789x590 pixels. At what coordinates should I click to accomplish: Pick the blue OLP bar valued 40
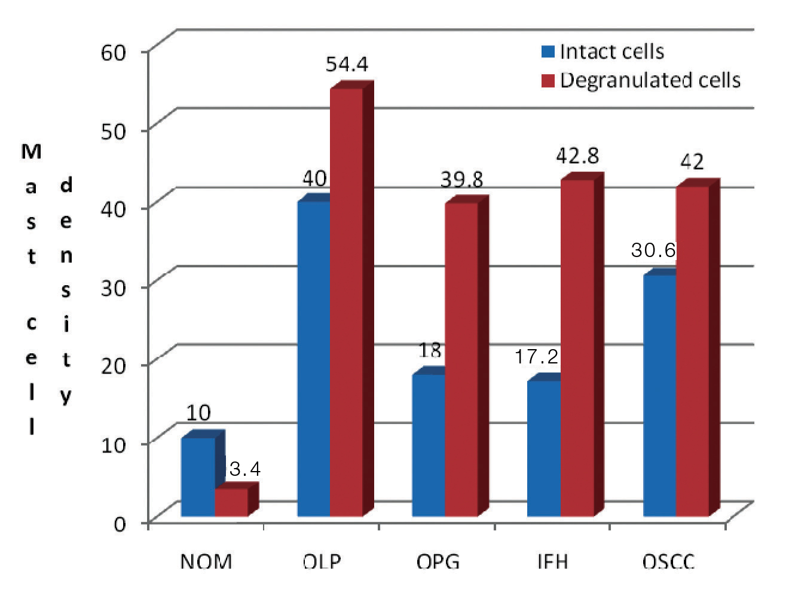pos(314,359)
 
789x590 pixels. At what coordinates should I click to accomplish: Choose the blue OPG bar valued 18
pos(429,445)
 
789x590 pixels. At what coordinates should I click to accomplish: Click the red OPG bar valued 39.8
pos(461,359)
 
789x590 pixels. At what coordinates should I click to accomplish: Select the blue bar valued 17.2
pos(544,448)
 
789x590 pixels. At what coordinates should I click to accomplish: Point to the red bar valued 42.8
pos(577,347)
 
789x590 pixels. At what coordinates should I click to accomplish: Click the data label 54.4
pos(347,64)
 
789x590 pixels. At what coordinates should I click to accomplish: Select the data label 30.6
pos(653,250)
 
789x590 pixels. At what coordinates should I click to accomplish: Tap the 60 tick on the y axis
pos(114,52)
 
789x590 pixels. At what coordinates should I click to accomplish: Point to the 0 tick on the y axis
pos(120,524)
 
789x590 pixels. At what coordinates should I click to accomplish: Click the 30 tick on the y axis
pos(114,288)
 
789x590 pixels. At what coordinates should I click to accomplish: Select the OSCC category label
pos(668,562)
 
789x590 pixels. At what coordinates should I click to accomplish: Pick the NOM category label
pos(206,562)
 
